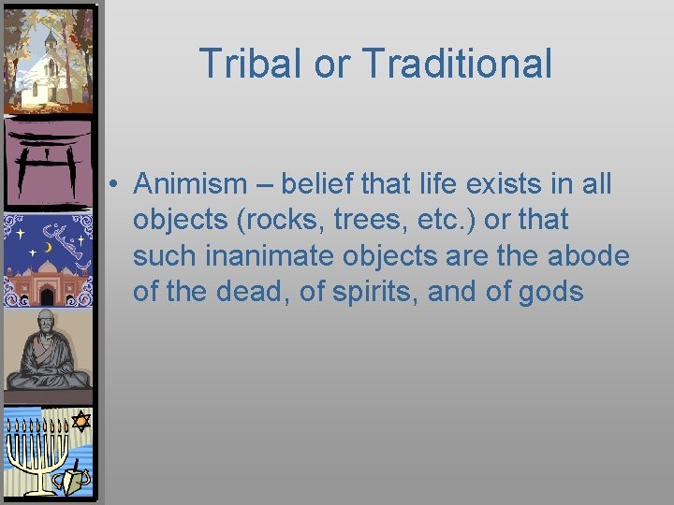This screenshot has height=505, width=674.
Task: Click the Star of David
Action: (x=81, y=422)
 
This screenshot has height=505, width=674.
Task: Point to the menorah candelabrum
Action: (x=37, y=449)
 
